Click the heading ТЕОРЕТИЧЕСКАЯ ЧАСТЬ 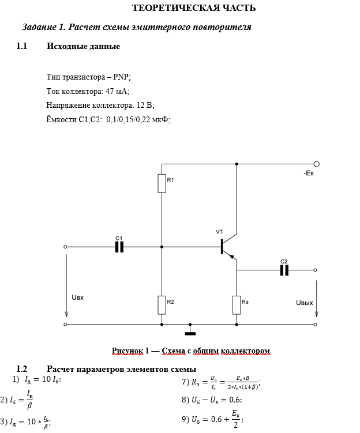(194, 8)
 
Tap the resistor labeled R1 (162, 183)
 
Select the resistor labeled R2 (162, 304)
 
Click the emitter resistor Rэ (237, 304)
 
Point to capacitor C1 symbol (119, 247)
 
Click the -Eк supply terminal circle (316, 164)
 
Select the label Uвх (78, 298)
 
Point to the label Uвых (304, 302)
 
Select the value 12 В (142, 106)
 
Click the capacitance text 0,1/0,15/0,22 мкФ (138, 120)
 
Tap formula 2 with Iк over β (18, 400)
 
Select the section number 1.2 (22, 369)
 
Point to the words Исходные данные (83, 46)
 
